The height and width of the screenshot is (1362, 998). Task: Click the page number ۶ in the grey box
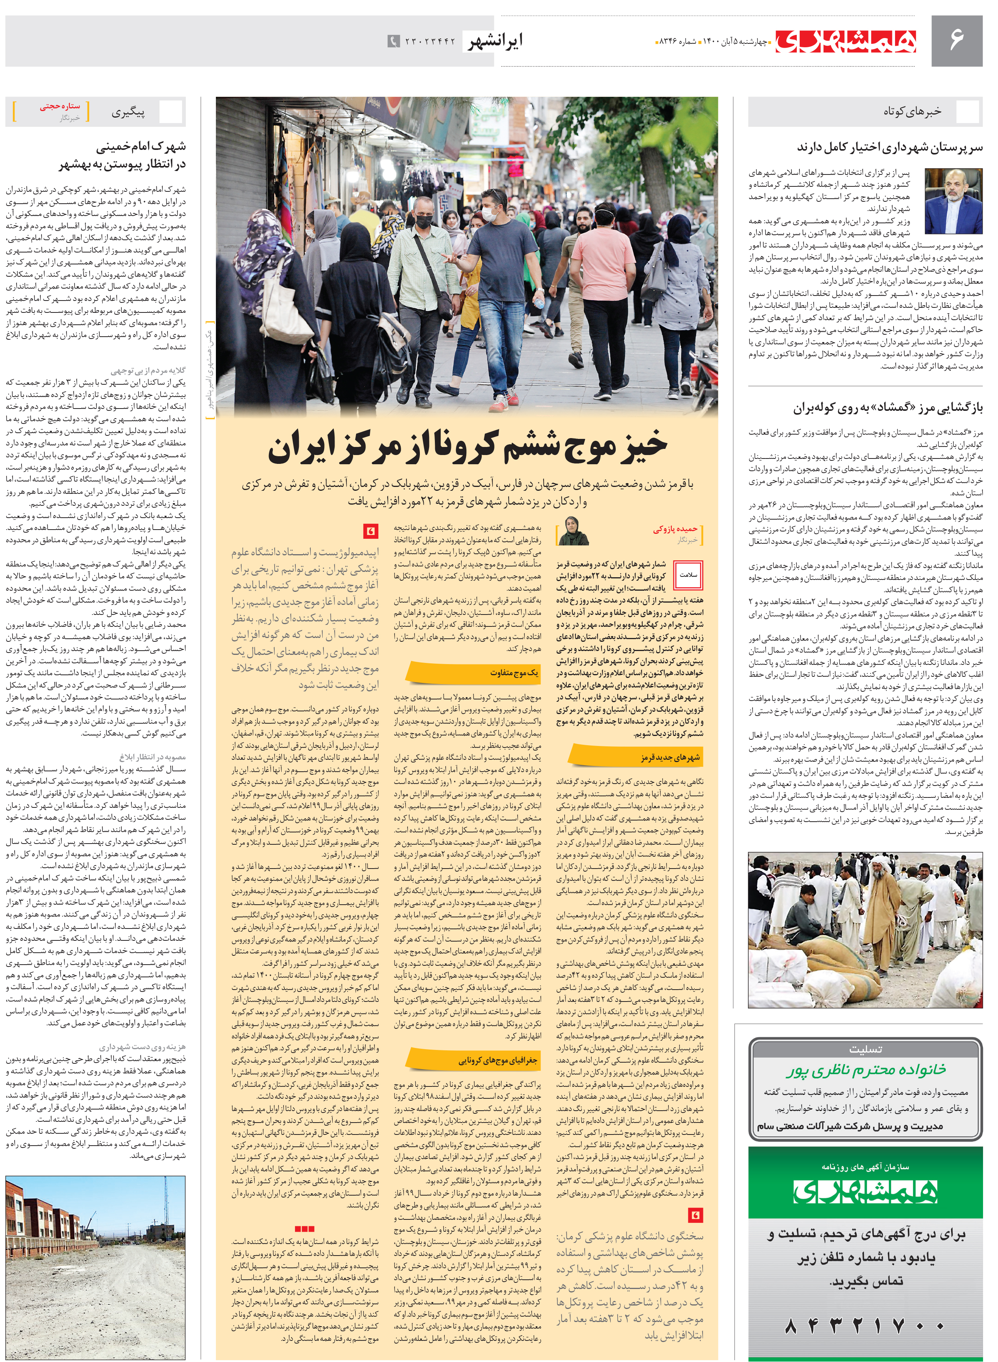(x=956, y=40)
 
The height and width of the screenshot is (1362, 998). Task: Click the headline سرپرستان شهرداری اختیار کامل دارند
(x=889, y=147)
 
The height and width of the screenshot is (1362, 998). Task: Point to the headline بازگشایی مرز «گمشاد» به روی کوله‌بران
(x=888, y=408)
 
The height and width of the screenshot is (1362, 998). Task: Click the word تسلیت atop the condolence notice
(x=865, y=1049)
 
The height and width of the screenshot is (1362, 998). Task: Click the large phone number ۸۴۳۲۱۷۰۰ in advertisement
(x=865, y=1326)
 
